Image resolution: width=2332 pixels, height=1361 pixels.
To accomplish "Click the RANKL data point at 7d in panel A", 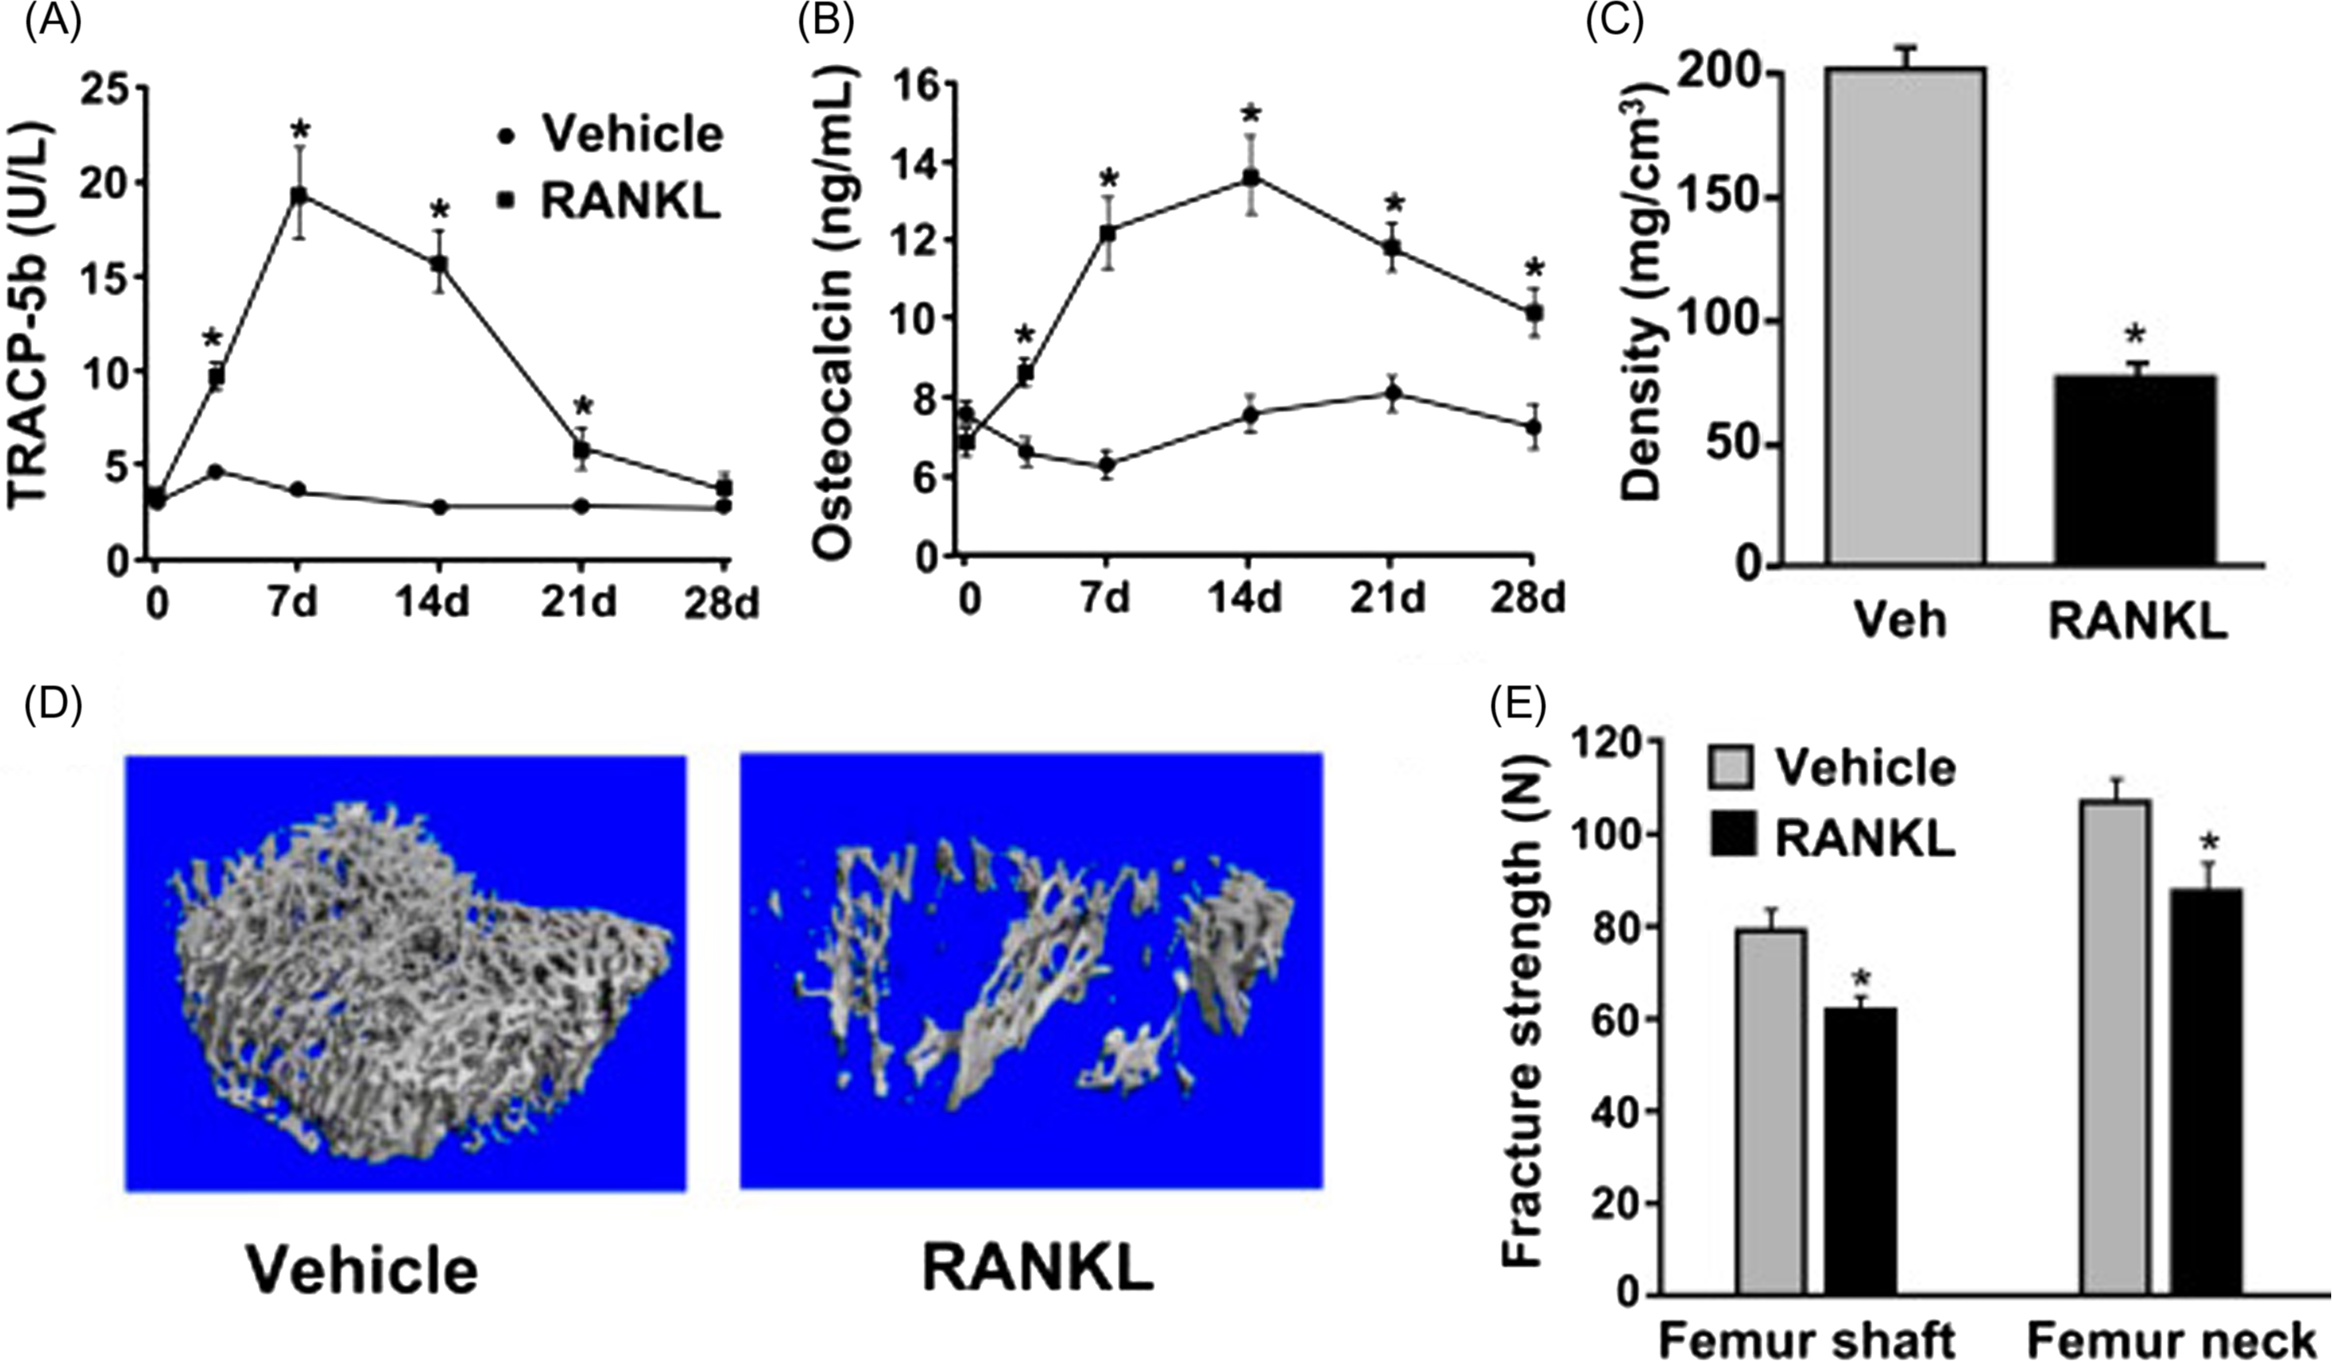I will [298, 196].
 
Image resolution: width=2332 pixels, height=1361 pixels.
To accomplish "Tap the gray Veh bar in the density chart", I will [1903, 315].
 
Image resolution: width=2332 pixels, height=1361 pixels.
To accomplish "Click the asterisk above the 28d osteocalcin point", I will [1535, 269].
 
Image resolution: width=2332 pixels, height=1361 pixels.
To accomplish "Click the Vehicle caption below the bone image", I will [363, 1270].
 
